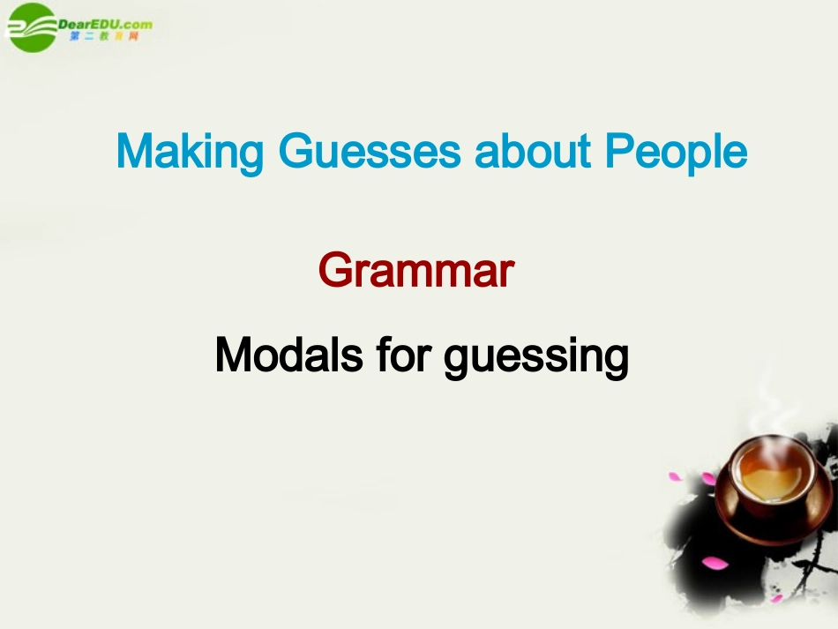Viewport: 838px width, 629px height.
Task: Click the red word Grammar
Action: pos(415,271)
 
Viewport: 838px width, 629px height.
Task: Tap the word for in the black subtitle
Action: pos(405,356)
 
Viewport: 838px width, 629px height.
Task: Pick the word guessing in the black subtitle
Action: pos(536,357)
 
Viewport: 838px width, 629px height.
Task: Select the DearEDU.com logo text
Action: pos(105,24)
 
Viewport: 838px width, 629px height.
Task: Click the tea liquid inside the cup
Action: pos(770,477)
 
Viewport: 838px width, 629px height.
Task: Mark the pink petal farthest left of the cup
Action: pos(676,477)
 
